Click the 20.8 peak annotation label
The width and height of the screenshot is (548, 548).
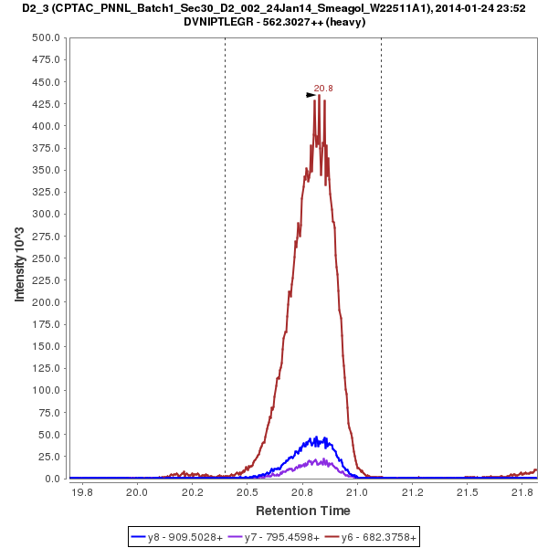323,89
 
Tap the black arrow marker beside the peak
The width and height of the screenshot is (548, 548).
311,94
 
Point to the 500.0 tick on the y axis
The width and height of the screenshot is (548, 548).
47,37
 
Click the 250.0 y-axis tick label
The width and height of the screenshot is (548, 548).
47,258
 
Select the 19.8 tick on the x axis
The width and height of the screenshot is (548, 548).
82,492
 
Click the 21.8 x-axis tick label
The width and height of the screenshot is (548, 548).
522,492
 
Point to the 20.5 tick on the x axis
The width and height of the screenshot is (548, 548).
247,492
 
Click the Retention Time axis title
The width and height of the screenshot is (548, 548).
302,510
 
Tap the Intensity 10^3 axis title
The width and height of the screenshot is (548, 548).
20,258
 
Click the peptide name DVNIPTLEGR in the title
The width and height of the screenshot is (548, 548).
220,22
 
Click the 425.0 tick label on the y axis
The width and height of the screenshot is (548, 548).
47,104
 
